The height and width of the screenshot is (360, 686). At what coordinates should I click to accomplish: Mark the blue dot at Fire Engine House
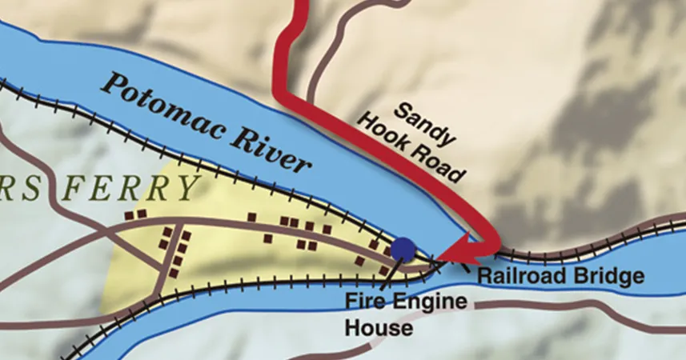click(x=403, y=249)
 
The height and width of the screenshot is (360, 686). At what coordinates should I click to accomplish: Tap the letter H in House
click(x=353, y=328)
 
